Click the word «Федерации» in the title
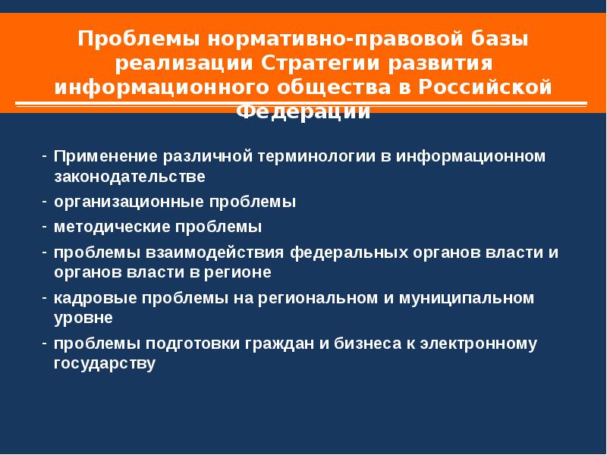303,111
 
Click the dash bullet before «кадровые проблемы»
45,298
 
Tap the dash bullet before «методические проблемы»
45,227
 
